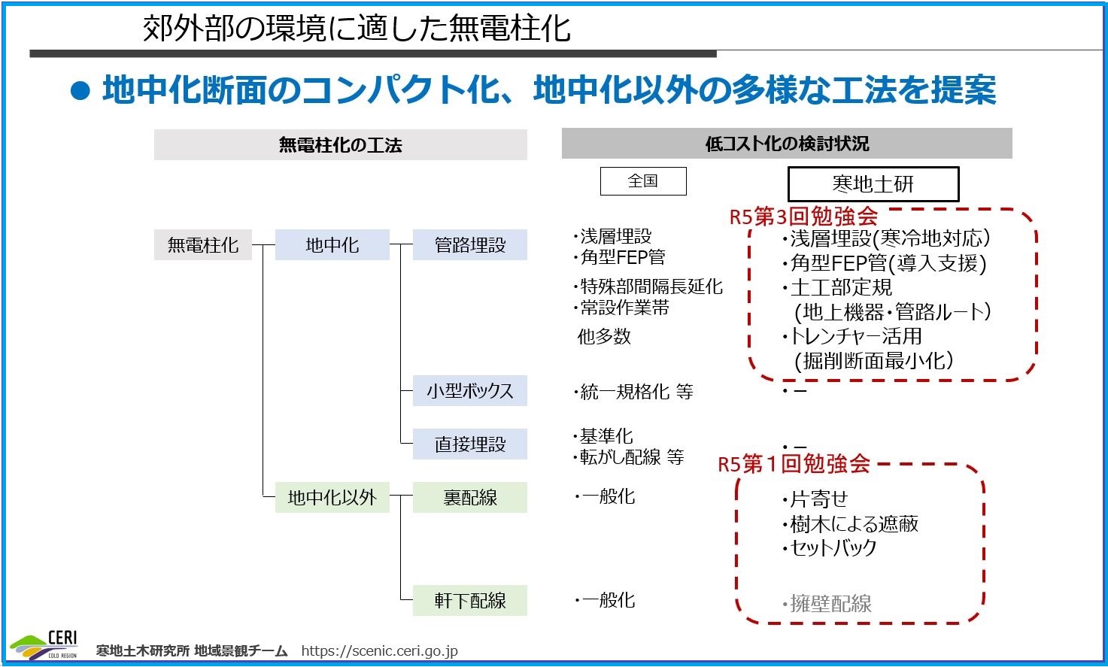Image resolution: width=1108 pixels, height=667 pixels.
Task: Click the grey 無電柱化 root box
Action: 203,244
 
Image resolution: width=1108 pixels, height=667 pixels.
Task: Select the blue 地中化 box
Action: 332,244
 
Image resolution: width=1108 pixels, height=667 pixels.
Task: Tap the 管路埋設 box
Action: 470,244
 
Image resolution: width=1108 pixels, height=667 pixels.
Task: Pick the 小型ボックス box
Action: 470,390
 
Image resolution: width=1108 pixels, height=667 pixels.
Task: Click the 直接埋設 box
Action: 470,444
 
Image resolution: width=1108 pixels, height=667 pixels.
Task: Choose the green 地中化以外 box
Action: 332,497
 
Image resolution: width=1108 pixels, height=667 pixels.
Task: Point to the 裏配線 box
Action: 470,497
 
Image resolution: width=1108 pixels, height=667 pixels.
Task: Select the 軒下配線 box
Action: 470,600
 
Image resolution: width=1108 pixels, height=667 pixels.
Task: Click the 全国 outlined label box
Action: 643,181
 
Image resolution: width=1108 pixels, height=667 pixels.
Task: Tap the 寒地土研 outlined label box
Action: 873,184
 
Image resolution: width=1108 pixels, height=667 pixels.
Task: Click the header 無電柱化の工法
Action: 340,145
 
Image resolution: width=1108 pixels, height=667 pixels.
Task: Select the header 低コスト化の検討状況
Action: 787,144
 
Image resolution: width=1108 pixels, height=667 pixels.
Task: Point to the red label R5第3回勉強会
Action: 804,216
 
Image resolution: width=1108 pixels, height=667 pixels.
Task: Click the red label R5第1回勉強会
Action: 794,464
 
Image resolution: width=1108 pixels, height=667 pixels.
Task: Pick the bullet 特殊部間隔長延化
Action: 648,287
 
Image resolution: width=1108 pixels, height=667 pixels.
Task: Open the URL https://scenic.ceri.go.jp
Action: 379,650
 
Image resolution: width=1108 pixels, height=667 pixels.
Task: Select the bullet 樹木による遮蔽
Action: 850,523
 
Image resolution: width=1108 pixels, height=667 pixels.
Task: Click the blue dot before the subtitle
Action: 80,91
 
